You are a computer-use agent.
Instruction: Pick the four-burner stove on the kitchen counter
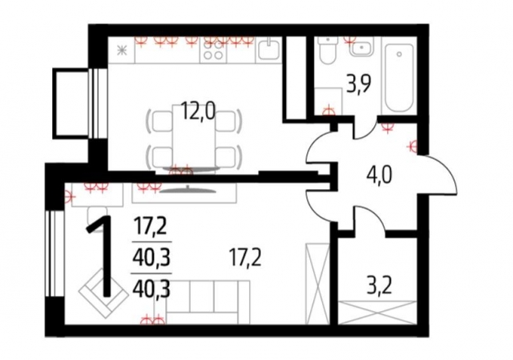215,53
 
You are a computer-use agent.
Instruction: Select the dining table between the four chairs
191,136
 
